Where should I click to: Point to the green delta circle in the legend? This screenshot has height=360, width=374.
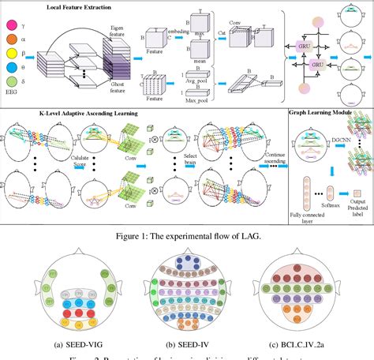[13, 92]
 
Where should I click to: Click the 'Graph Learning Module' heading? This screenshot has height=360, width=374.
[320, 114]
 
